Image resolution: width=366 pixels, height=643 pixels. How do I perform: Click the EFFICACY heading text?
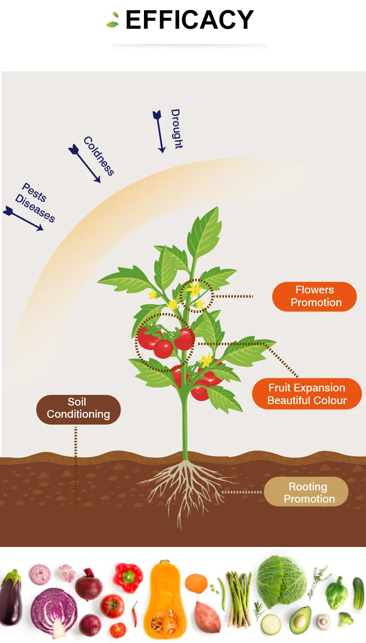click(x=190, y=19)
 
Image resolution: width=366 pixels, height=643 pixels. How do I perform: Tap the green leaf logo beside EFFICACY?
click(x=113, y=20)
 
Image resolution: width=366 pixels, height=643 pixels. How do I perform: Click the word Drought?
click(x=177, y=129)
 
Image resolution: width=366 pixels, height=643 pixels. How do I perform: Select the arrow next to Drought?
click(x=159, y=132)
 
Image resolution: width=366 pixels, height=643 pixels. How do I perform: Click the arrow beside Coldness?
click(x=84, y=163)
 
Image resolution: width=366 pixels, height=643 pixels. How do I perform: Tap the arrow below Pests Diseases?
click(x=23, y=218)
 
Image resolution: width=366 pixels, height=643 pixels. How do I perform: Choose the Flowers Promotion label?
click(x=315, y=296)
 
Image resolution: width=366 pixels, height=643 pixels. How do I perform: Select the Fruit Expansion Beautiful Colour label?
click(x=307, y=394)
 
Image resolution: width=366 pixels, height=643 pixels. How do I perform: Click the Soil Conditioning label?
click(x=79, y=409)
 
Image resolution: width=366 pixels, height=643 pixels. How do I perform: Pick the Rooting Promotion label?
click(x=306, y=492)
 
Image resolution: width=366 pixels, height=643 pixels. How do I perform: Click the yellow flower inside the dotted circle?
click(x=195, y=290)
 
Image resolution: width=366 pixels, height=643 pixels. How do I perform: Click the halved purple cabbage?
click(x=54, y=612)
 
